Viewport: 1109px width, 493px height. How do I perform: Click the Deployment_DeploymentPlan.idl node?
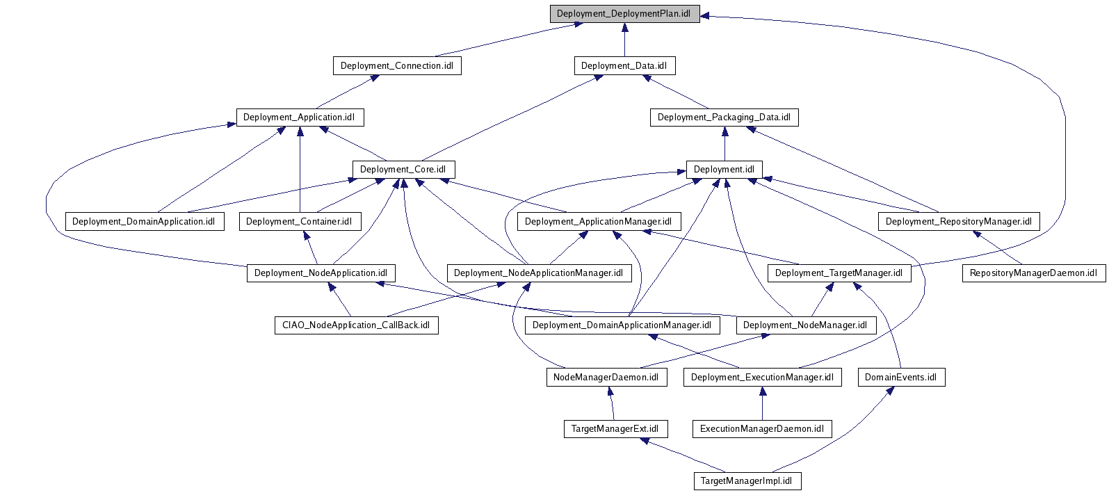point(624,14)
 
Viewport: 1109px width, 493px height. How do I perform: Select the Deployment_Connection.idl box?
point(396,66)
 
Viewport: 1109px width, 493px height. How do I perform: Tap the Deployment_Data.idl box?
point(624,66)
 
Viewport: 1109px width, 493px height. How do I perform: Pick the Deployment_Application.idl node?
point(299,118)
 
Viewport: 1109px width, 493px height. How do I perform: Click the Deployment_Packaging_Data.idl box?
point(724,118)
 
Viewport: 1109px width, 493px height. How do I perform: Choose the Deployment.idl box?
point(724,170)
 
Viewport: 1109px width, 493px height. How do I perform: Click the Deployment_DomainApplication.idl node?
point(145,222)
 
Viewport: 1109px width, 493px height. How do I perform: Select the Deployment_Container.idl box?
point(300,222)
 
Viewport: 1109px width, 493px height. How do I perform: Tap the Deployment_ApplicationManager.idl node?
point(599,222)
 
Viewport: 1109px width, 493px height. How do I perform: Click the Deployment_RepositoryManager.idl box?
point(959,222)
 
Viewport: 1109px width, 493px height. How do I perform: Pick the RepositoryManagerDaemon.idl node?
point(1033,273)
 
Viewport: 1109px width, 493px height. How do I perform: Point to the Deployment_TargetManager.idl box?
point(839,273)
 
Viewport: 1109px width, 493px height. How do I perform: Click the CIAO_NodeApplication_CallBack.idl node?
point(355,325)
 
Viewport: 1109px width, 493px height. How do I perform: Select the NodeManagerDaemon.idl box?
point(606,378)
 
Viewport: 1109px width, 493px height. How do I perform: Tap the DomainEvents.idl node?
point(900,378)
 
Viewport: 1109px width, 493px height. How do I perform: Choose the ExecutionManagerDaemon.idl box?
point(762,429)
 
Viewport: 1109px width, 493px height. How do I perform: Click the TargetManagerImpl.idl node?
point(747,481)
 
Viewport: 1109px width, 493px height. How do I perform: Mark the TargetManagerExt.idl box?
point(615,429)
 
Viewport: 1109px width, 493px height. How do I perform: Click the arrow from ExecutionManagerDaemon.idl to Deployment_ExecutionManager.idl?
point(762,403)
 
